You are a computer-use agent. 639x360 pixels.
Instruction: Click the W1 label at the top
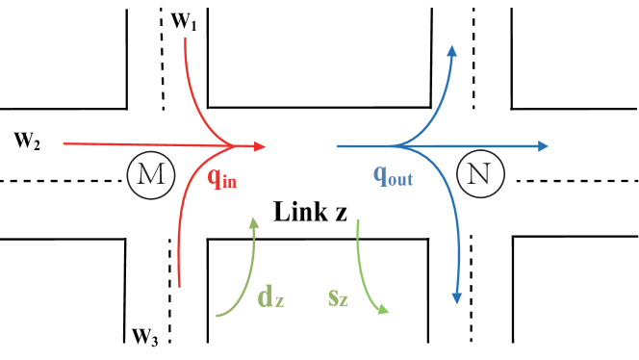click(x=186, y=23)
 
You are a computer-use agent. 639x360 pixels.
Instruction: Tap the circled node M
click(x=145, y=174)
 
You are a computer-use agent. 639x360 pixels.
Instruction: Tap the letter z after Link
click(x=340, y=213)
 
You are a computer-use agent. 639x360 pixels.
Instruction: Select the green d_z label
click(x=270, y=296)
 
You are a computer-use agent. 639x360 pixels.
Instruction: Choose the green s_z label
click(x=337, y=297)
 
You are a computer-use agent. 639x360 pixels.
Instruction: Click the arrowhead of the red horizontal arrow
click(x=261, y=146)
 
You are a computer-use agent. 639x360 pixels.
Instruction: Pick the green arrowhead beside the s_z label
click(x=385, y=310)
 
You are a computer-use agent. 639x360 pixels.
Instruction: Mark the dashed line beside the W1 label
click(x=161, y=23)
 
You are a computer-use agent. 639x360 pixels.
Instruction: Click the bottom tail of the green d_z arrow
click(x=218, y=315)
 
